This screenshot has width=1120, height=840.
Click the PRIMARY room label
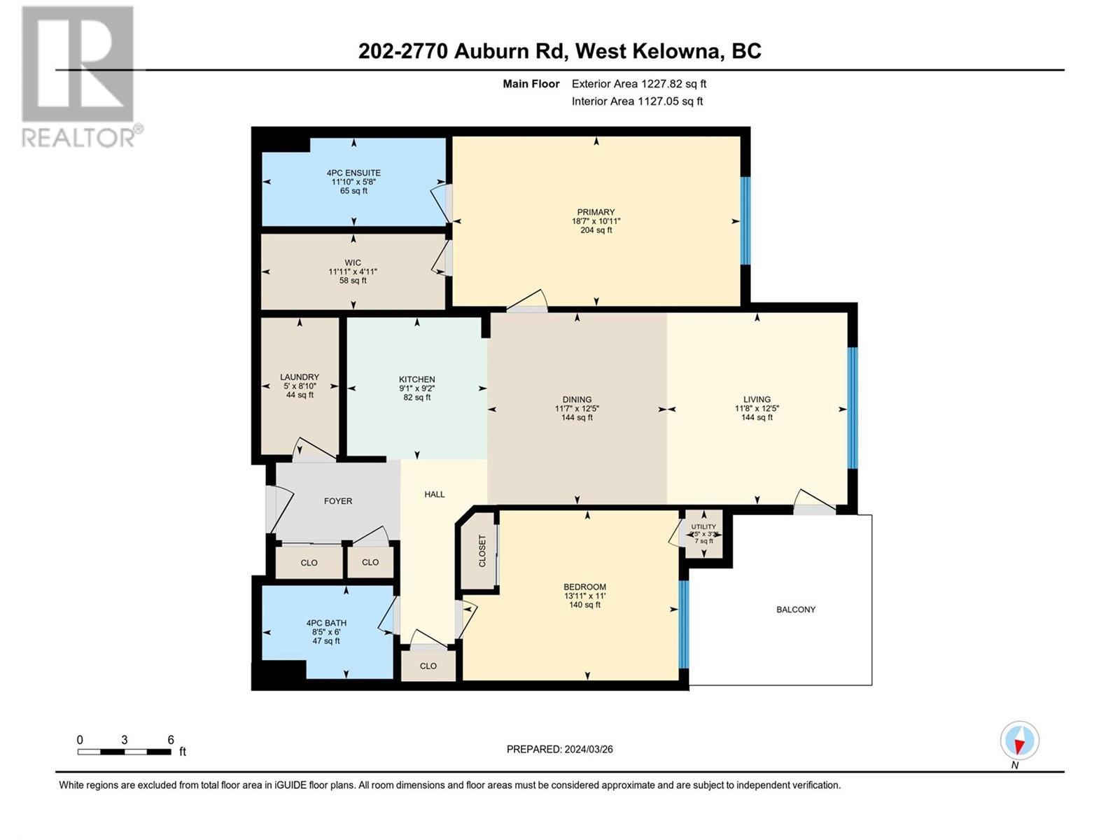pyautogui.click(x=596, y=212)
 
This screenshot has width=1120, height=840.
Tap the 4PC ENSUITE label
pyautogui.click(x=353, y=173)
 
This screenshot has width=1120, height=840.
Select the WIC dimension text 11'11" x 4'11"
pyautogui.click(x=353, y=272)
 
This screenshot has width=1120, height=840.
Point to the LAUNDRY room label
pyautogui.click(x=300, y=377)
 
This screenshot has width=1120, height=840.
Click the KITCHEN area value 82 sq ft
pyautogui.click(x=417, y=398)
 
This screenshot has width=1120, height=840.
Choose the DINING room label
pyautogui.click(x=577, y=400)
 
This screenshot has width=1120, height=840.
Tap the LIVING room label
pyautogui.click(x=757, y=400)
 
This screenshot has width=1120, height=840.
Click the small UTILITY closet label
pyautogui.click(x=703, y=527)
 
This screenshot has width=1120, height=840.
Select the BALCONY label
pyautogui.click(x=796, y=610)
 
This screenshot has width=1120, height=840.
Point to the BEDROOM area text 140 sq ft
pyautogui.click(x=584, y=605)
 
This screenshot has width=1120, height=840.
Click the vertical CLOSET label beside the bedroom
pyautogui.click(x=482, y=552)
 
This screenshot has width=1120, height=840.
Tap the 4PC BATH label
pyautogui.click(x=326, y=623)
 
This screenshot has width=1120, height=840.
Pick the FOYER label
pyautogui.click(x=338, y=501)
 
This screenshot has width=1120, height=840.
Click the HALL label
pyautogui.click(x=435, y=494)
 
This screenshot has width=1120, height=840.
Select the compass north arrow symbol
pyautogui.click(x=1019, y=741)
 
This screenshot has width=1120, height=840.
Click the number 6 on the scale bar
pyautogui.click(x=171, y=740)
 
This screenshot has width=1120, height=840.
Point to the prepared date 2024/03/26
pyautogui.click(x=588, y=749)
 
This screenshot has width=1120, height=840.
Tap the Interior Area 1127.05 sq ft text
pyautogui.click(x=637, y=101)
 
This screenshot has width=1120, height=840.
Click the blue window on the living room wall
pyautogui.click(x=852, y=407)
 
